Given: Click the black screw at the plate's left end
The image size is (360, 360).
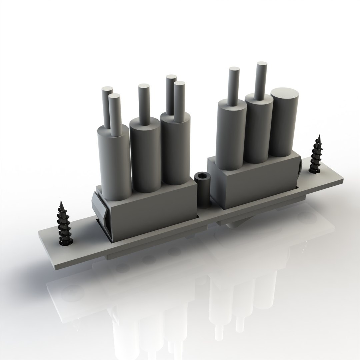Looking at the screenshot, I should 63,225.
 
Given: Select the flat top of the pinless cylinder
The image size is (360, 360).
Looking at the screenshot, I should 284,92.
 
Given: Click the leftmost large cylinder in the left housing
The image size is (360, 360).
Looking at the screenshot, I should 114,163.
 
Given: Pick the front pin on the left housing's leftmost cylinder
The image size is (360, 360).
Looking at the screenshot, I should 115,113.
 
